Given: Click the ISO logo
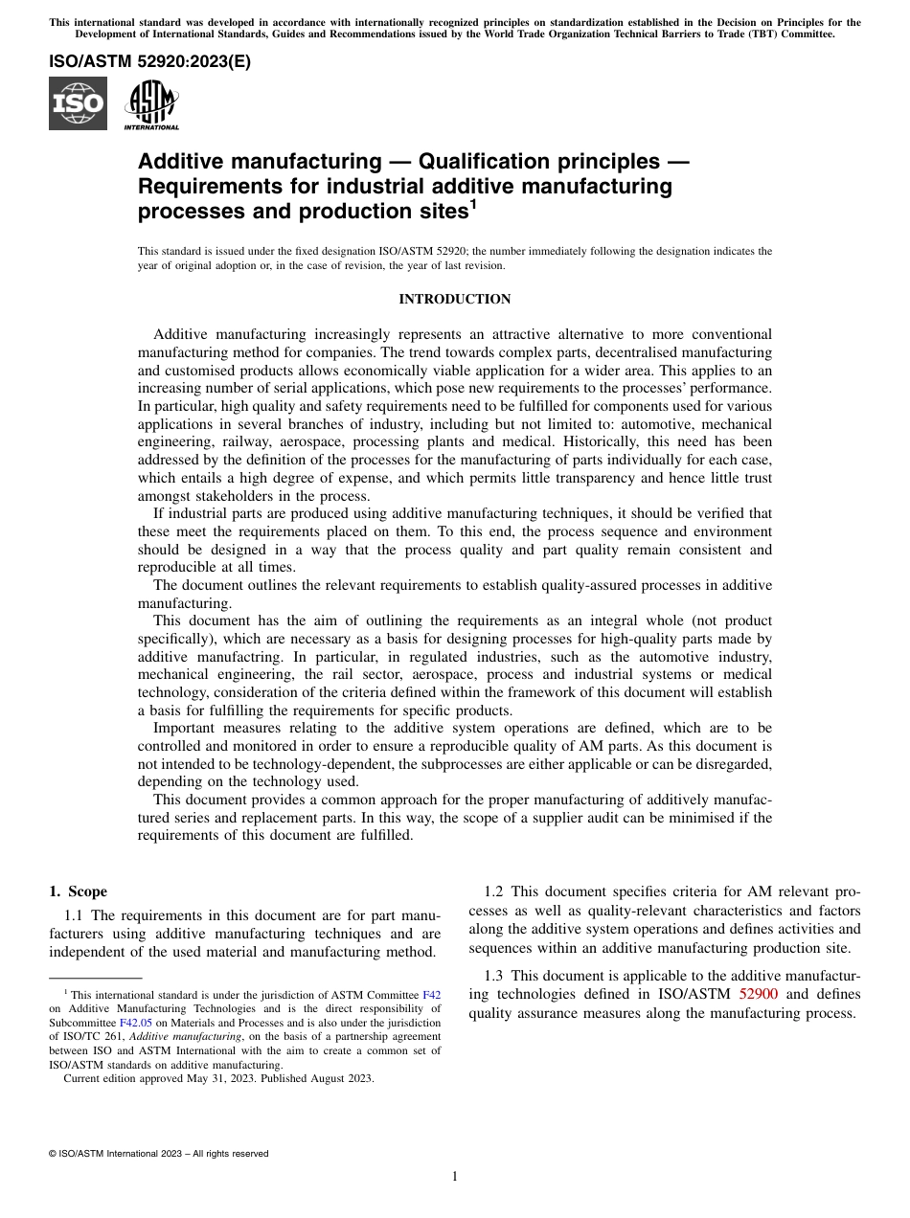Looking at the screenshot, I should tap(78, 103).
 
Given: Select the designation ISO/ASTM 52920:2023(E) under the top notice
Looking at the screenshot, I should tap(149, 63).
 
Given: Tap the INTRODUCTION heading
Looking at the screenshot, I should tap(454, 300).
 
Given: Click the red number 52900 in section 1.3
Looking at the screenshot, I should tap(759, 995).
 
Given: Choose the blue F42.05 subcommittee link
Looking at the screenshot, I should tap(135, 1022).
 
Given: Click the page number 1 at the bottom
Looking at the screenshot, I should tap(455, 1177).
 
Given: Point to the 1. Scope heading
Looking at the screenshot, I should tap(78, 891).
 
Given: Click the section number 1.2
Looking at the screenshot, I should tap(492, 891).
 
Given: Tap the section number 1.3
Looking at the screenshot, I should tap(492, 976).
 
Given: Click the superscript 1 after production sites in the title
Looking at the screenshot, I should tap(472, 204).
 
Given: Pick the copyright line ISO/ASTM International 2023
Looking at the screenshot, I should tap(158, 1154).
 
